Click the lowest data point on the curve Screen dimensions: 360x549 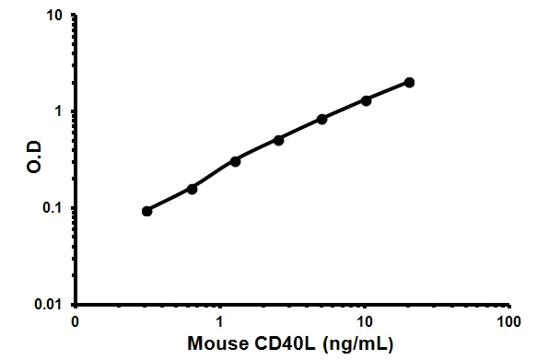pyautogui.click(x=147, y=211)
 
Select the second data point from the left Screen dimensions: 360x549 pyautogui.click(x=192, y=189)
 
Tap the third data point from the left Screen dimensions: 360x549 pyautogui.click(x=236, y=161)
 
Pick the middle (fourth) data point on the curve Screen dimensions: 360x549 pyautogui.click(x=279, y=140)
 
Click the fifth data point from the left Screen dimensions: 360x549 pyautogui.click(x=322, y=119)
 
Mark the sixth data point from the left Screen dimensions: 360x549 pyautogui.click(x=367, y=99)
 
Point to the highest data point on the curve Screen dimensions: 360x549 pyautogui.click(x=410, y=82)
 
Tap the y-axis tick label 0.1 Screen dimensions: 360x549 pyautogui.click(x=52, y=208)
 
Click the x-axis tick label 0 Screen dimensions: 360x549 pyautogui.click(x=76, y=323)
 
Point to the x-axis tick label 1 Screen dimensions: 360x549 pyautogui.click(x=220, y=323)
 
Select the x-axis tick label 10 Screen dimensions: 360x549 pyautogui.click(x=365, y=323)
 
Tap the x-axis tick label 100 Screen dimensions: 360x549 pyautogui.click(x=508, y=323)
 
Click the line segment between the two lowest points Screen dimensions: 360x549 pyautogui.click(x=169, y=200)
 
